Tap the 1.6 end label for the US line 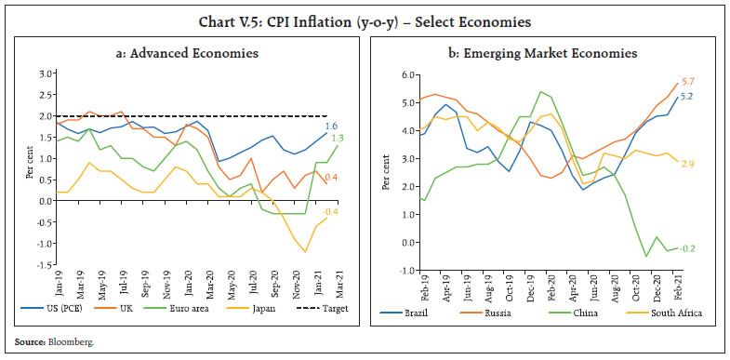[331, 125]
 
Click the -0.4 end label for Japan [331, 212]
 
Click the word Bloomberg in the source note [70, 343]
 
